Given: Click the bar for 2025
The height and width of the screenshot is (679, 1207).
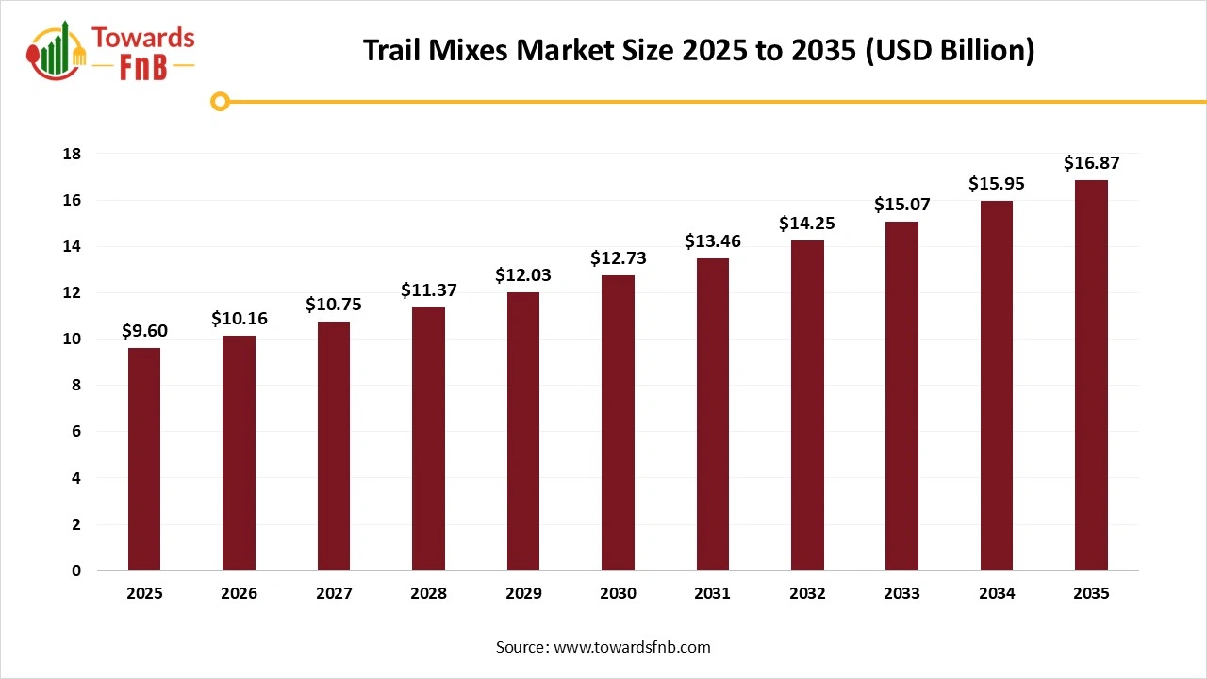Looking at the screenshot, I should point(144,459).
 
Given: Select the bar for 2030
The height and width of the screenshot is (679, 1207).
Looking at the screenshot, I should point(618,422).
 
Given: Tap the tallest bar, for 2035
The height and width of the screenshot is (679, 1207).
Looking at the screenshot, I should point(1091,375).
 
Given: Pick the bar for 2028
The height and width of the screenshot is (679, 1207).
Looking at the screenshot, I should point(428,439).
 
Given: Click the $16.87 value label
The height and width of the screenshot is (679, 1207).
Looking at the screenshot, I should point(1091,163).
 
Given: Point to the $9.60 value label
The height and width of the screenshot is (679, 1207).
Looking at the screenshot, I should point(144,331).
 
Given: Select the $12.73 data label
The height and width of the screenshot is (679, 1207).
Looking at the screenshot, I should point(618,258).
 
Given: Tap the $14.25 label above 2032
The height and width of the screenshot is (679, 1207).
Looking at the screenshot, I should point(807,224).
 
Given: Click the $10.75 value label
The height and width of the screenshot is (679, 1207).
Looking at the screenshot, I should point(333,305).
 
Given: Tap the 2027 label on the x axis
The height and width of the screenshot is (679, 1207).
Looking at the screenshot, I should point(333,594).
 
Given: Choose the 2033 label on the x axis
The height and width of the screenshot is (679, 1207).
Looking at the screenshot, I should point(901,594).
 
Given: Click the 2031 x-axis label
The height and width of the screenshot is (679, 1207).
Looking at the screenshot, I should point(712,594).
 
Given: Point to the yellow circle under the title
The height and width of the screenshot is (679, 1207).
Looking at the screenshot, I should point(220,101).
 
